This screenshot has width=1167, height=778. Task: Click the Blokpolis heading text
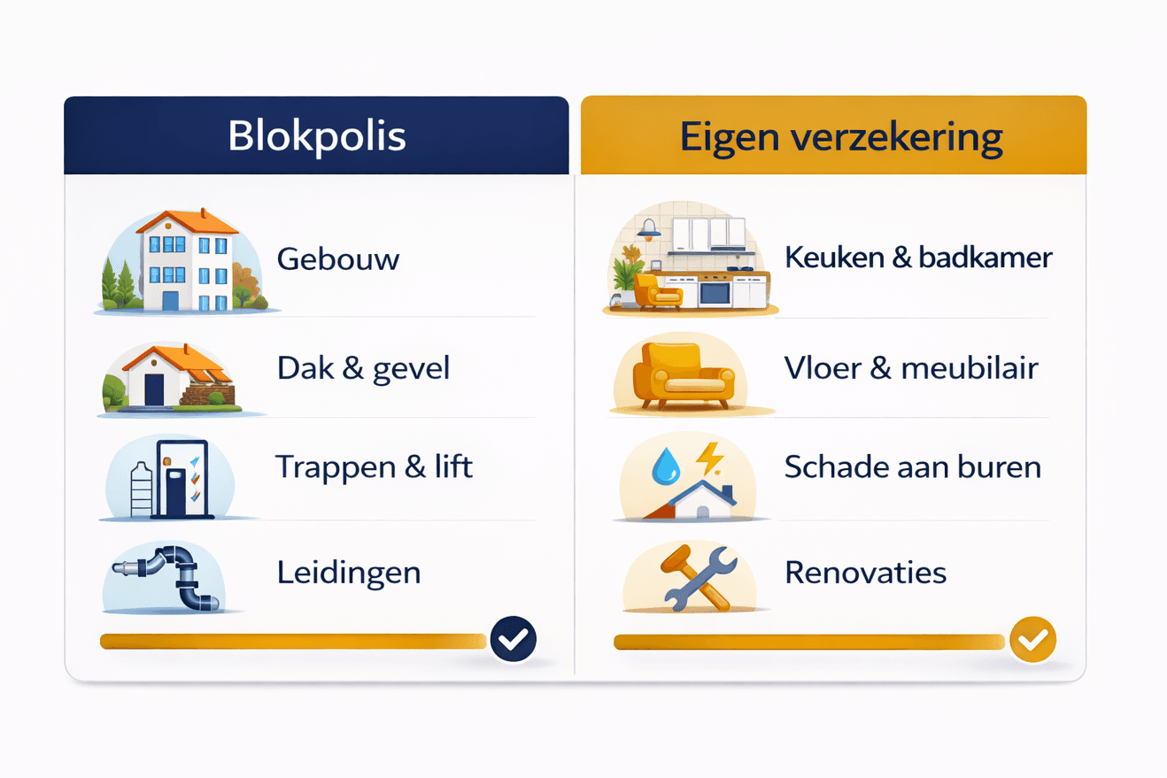(x=316, y=136)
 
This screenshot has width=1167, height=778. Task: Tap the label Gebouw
(x=338, y=259)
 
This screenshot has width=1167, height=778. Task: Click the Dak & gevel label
(x=363, y=367)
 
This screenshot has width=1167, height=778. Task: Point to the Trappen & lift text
(x=374, y=466)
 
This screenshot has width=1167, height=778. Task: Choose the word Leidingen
(x=348, y=572)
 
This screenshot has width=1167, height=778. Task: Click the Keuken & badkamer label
(x=918, y=258)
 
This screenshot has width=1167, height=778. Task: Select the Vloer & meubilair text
(x=911, y=367)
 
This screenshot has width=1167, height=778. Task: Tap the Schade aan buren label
(x=912, y=466)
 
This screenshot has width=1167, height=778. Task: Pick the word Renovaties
(x=866, y=572)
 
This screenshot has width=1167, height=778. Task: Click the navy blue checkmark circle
(x=514, y=639)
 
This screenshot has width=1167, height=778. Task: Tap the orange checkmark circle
(x=1032, y=639)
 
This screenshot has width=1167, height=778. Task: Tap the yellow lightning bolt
(x=710, y=458)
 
